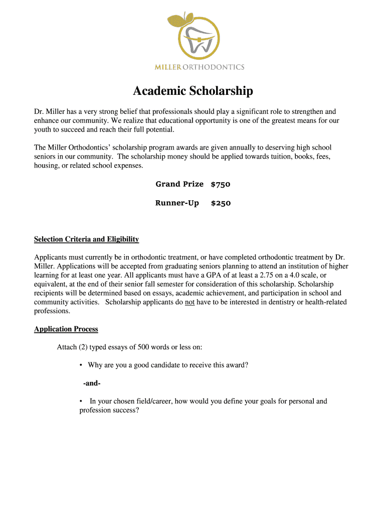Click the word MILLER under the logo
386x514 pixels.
168,67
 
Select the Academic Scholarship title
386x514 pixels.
193,91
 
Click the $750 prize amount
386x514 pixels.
221,184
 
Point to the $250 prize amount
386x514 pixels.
221,203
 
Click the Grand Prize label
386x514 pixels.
179,184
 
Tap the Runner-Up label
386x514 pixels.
177,203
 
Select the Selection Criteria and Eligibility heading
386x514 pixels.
86,239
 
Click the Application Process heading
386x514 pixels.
66,329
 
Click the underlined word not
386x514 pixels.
189,302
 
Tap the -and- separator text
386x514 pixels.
92,383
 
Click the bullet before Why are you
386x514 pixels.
81,365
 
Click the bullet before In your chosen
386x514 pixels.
81,402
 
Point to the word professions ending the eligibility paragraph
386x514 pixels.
52,311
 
